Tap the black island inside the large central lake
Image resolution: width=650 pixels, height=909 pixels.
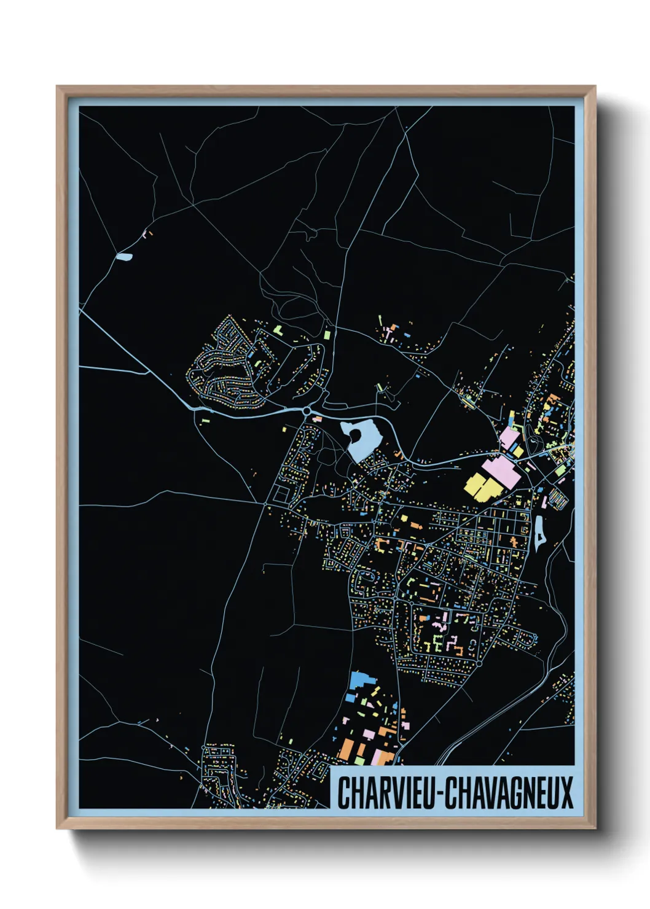(354, 435)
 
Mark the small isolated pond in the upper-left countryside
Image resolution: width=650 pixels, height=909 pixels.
(125, 257)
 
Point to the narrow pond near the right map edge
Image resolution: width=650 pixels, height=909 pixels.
(539, 533)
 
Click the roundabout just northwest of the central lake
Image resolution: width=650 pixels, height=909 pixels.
(307, 411)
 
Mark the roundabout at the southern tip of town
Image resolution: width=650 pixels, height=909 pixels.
(479, 663)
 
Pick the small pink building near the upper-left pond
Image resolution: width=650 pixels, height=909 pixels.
(146, 233)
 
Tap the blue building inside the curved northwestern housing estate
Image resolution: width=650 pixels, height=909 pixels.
(251, 354)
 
